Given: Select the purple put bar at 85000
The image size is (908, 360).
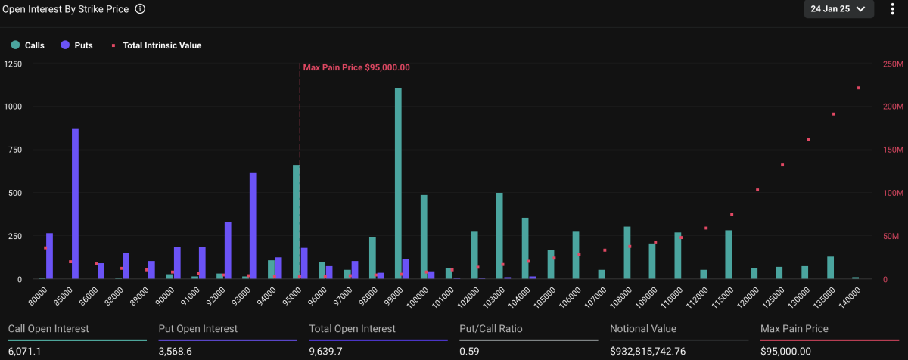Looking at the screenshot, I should point(75,203).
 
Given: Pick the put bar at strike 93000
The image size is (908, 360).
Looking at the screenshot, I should point(253,226).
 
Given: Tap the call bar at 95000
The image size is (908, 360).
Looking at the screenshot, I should point(297,222).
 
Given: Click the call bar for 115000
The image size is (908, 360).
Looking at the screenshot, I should point(729,255).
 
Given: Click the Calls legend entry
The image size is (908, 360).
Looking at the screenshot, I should point(28,45).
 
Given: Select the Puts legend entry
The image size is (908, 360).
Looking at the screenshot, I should point(77,45).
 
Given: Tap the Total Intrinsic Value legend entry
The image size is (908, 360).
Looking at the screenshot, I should point(157,45).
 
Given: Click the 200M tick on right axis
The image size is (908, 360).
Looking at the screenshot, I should point(893,107).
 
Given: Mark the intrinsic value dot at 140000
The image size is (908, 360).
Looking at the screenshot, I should point(859,88).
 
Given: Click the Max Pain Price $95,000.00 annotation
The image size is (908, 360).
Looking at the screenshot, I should point(356,67).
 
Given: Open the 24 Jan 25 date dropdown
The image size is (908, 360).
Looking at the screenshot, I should point(838,9).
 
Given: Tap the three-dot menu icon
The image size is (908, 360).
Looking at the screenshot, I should point(892,9).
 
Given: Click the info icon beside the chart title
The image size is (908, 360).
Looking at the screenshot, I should point(140,9).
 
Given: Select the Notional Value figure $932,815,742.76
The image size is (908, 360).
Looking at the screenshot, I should point(648,351).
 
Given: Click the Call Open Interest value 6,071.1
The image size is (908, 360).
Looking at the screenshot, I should point(25,351).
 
